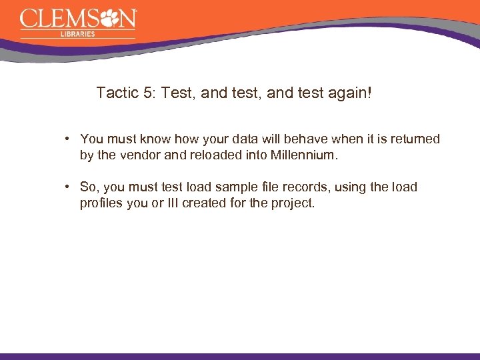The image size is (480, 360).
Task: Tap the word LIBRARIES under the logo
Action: [77, 33]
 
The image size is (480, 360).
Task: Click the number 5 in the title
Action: [147, 93]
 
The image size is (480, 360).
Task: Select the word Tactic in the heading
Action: [117, 93]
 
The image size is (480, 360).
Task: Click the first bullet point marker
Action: [68, 139]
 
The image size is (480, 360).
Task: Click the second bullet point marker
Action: [68, 187]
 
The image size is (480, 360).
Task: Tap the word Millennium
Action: [304, 155]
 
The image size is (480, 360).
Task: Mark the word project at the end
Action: [292, 203]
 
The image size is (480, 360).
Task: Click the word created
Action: [205, 203]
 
